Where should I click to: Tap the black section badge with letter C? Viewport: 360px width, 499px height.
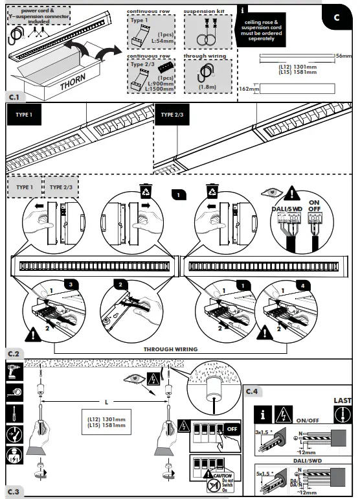tap(336, 17)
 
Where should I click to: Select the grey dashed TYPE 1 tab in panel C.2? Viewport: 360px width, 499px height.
tap(24, 187)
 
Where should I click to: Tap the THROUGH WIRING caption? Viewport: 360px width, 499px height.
tap(170, 349)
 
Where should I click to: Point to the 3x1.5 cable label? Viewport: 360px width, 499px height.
tap(262, 431)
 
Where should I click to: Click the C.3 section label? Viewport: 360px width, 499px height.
tap(14, 492)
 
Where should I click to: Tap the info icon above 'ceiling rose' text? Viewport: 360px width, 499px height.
tap(242, 10)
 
